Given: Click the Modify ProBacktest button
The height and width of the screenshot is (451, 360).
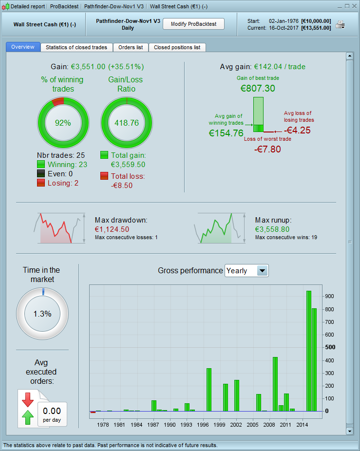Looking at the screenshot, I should coord(193,24).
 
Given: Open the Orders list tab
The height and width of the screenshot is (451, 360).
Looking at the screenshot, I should coord(131,47).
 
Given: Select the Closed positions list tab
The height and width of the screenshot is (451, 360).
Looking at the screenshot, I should coord(177,47).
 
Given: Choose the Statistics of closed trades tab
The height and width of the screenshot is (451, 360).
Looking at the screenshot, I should coord(77,47).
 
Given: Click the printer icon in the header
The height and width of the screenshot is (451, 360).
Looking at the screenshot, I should coord(340,25).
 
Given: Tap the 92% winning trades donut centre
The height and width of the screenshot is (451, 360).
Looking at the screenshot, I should coord(63,123).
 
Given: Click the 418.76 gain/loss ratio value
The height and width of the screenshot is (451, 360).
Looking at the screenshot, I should coord(126,123).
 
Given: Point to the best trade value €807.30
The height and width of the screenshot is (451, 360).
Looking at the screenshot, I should coord(258,88).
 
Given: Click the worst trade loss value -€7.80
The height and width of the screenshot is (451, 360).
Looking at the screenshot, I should coord(267,149).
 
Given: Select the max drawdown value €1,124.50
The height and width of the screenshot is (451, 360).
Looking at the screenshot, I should coord(112,229).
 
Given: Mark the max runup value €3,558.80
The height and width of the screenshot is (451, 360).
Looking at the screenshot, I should coord(272,229).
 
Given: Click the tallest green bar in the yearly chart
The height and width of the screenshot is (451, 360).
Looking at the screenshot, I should coord(308,351).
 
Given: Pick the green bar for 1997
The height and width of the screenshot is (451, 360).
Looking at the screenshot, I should coord(209,390).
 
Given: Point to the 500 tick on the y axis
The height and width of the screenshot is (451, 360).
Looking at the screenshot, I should coord(330,347).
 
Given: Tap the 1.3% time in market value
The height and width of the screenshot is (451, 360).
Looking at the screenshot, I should coord(42,314).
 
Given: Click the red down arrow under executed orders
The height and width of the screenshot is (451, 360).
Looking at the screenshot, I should coord(27,399).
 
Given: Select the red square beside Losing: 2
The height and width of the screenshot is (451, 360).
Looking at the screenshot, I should coord(40,183).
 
